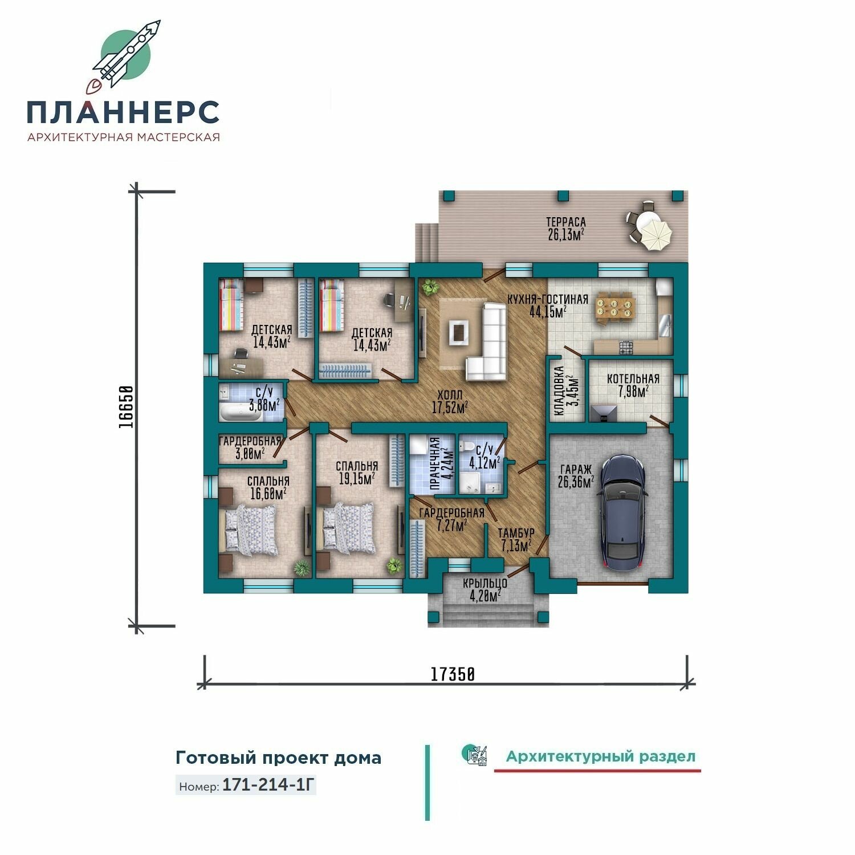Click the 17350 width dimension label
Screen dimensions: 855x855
coord(452,674)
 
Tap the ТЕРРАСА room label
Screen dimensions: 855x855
coord(566,222)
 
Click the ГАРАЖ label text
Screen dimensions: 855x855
coord(576,469)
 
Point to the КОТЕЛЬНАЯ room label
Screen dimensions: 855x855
coord(633,379)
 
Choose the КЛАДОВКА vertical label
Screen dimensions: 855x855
coord(559,391)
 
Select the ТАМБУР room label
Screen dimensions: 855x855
coord(516,533)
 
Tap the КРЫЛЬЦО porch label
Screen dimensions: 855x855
coord(485,584)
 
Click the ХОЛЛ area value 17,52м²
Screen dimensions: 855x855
coord(450,407)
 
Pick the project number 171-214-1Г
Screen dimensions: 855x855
coord(268,785)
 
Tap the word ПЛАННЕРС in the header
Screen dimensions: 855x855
coord(123,112)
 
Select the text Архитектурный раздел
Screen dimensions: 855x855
coord(601,757)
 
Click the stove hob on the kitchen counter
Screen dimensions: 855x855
coord(626,347)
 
